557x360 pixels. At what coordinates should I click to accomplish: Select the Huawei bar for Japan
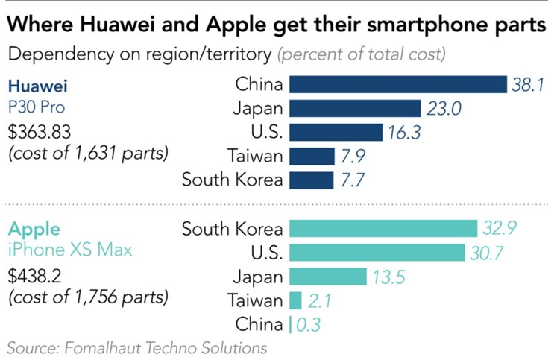tap(356, 109)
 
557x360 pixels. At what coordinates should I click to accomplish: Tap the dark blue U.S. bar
tap(336, 133)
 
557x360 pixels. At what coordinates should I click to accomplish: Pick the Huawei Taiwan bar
tap(312, 157)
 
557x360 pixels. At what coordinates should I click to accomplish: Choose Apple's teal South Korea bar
tap(383, 229)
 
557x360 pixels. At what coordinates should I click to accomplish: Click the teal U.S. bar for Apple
tap(377, 253)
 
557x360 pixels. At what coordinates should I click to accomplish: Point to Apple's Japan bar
tap(327, 277)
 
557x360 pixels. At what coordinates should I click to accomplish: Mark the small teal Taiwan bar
tap(295, 300)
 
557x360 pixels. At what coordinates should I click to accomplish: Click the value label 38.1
tap(529, 84)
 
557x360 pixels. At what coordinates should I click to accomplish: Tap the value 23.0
tap(444, 109)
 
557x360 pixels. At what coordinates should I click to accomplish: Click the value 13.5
tap(389, 277)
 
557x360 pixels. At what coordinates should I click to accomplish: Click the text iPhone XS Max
tap(69, 250)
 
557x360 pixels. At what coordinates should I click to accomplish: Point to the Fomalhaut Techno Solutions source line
tap(136, 347)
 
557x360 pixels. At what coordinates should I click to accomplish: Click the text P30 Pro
tap(37, 107)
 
